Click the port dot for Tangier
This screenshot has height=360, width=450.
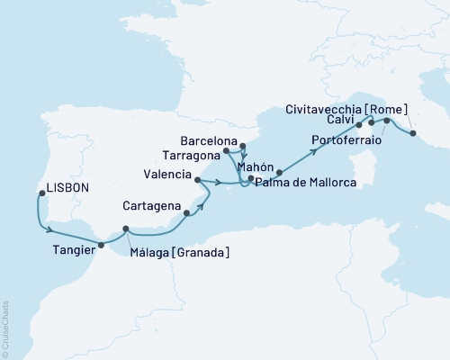pos(101,244)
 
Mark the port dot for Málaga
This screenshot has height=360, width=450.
pos(126,229)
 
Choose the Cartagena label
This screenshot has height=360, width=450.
pos(152,204)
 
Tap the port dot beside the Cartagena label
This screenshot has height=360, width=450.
pos(186,214)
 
